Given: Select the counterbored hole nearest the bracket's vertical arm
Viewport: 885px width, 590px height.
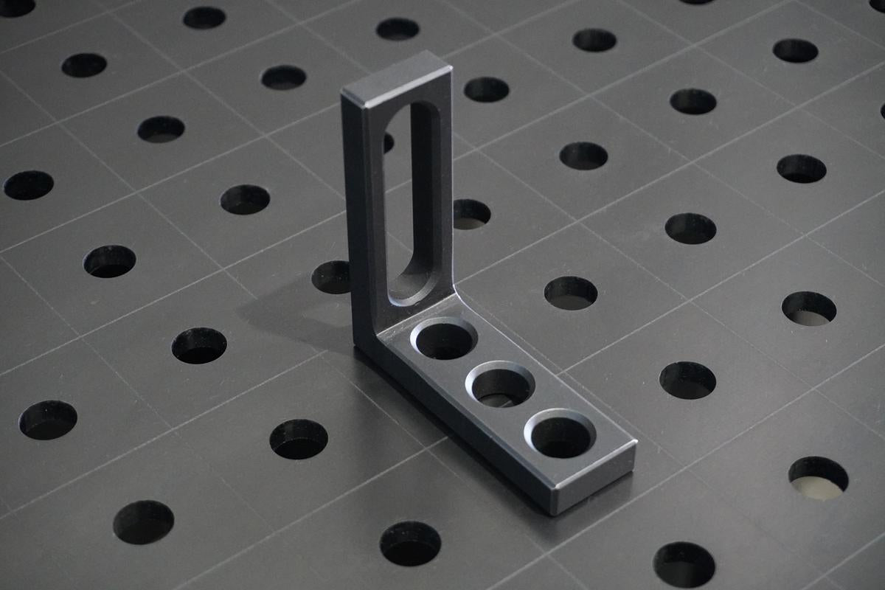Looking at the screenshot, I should coord(444,339).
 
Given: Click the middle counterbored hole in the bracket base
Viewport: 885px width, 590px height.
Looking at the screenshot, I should coord(500,385).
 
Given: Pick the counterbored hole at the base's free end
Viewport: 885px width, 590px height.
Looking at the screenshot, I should coord(562,434).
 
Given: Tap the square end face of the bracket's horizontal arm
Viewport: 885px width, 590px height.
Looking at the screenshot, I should coord(596,482).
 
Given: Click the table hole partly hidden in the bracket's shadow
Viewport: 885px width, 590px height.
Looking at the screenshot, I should coord(331,277).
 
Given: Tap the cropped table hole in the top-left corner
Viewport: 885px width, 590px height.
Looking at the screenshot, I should coord(15,7).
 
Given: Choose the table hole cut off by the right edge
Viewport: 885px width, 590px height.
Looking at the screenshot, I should coord(882,111).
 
